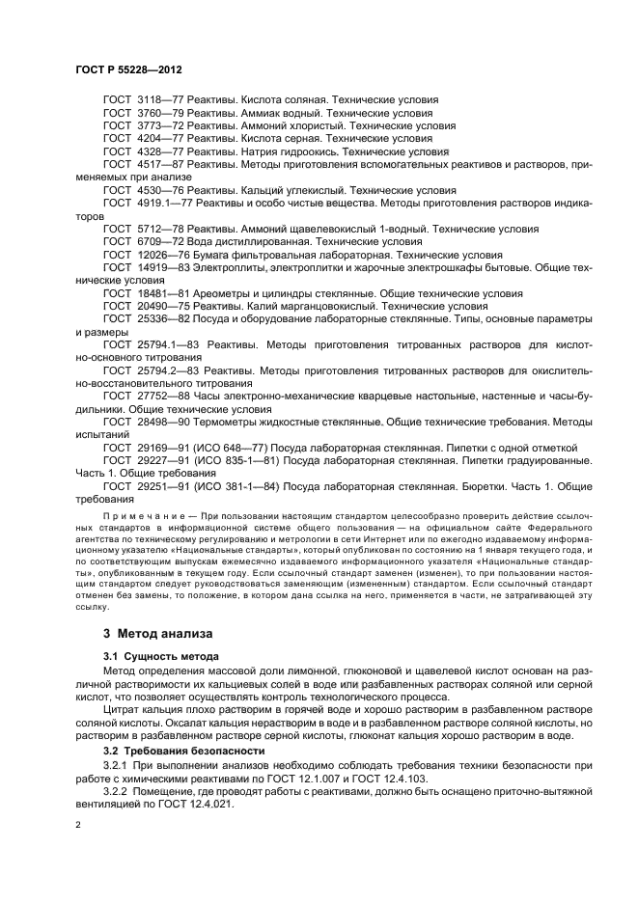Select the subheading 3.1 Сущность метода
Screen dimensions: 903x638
(157, 656)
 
